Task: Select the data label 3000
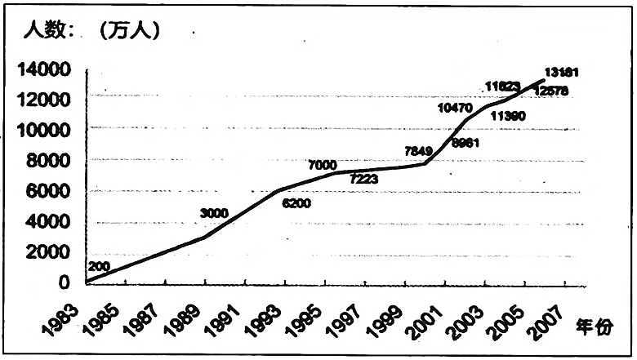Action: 214,213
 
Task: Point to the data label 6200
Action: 296,202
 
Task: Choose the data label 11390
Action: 508,116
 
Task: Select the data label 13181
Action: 563,72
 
